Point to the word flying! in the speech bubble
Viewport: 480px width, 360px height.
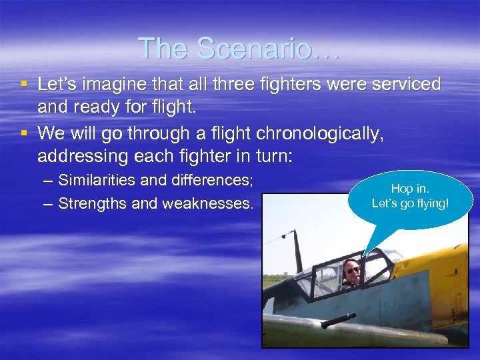pos(431,203)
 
